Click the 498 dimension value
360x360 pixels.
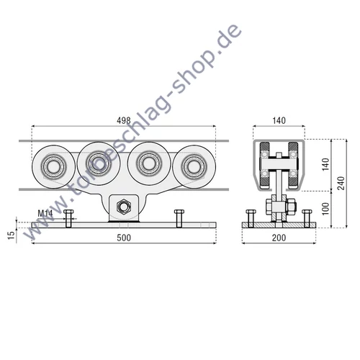(124, 120)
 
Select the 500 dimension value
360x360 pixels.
(124, 238)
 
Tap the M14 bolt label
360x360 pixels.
(45, 213)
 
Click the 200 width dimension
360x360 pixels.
(279, 238)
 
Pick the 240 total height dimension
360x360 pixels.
(341, 183)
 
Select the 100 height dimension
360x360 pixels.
(325, 209)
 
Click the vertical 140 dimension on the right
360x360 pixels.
(325, 164)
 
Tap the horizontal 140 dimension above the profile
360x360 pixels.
(279, 120)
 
